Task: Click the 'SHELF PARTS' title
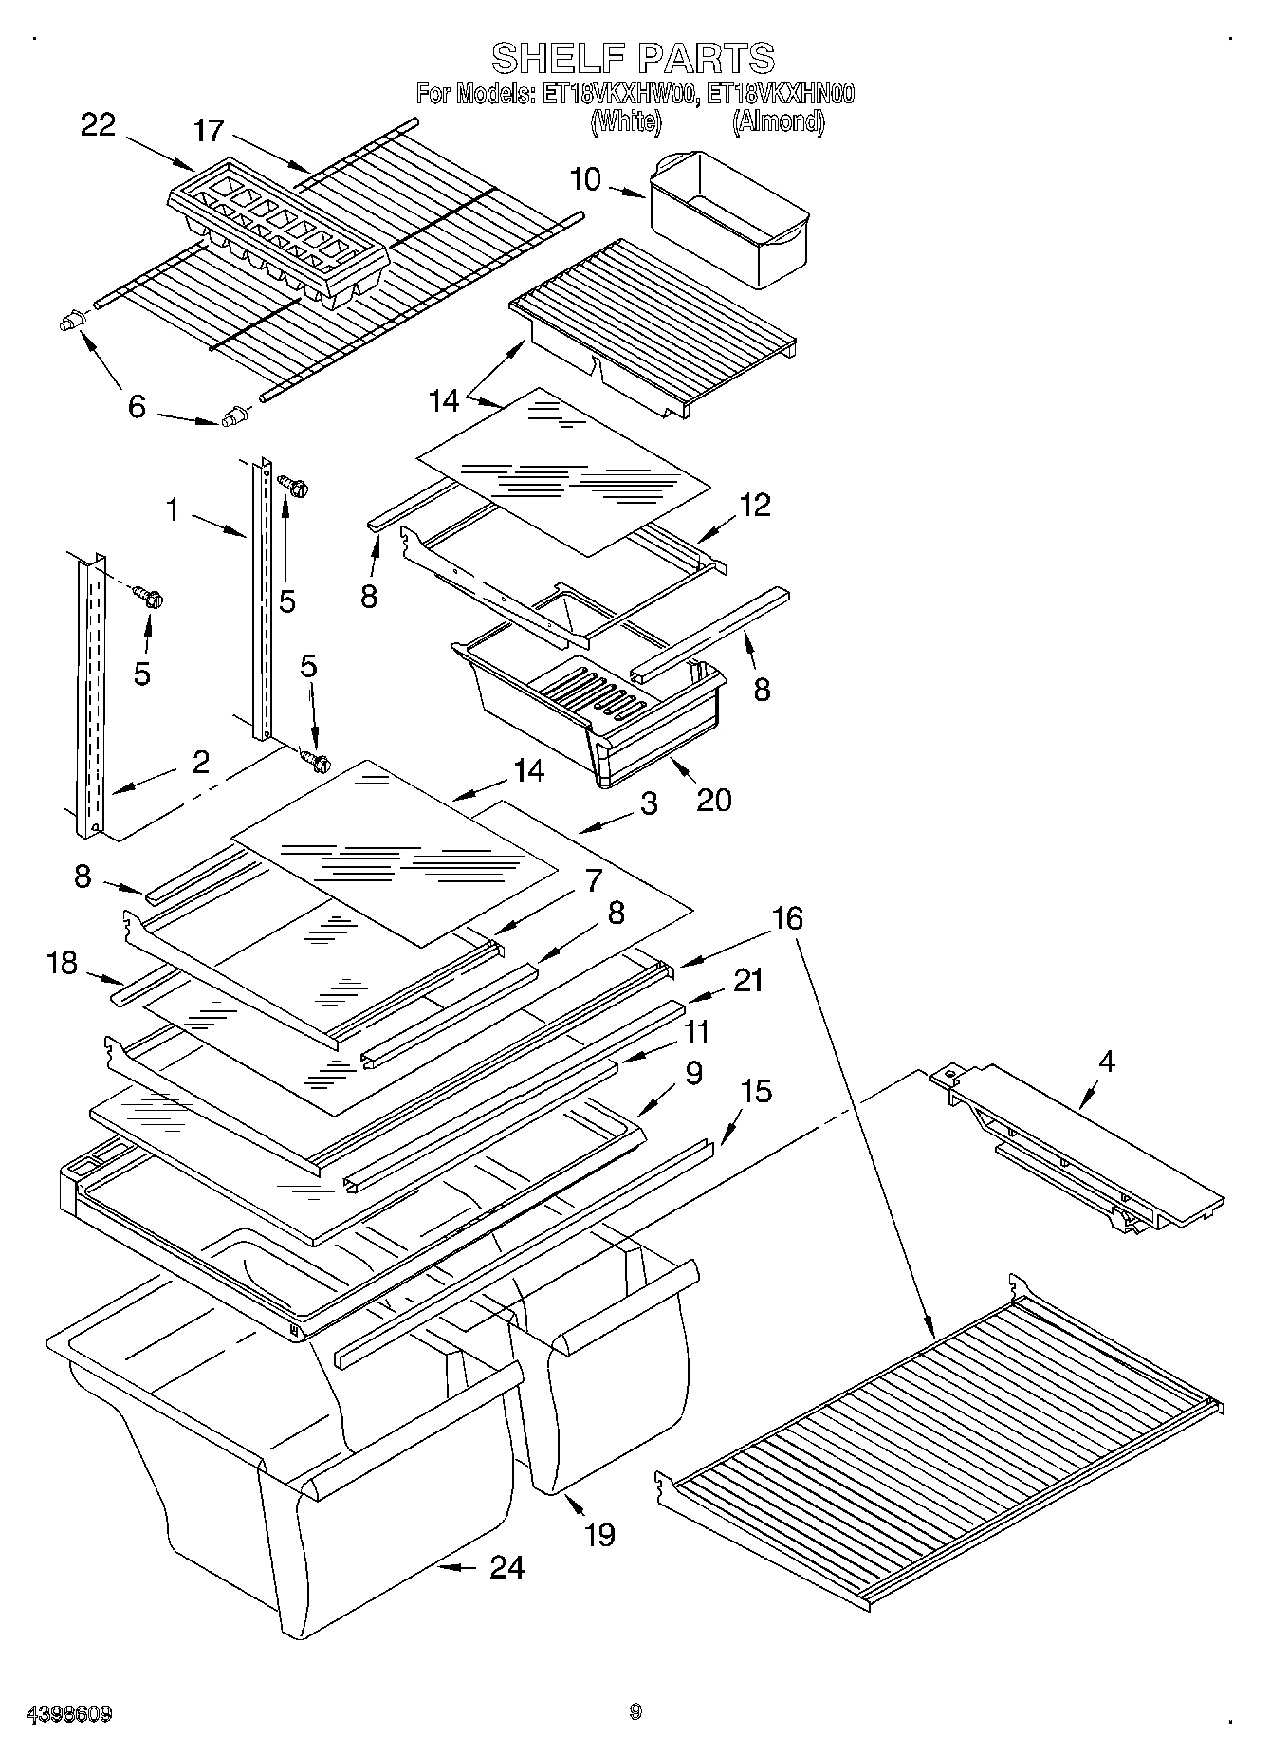click(x=633, y=59)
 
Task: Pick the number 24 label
click(x=506, y=1567)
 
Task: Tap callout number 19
click(x=598, y=1535)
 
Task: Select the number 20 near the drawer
click(x=713, y=800)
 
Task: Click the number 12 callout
click(x=755, y=504)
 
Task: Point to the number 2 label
click(x=200, y=762)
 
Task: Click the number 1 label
click(x=172, y=510)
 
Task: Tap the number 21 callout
click(x=748, y=980)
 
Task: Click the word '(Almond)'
click(x=778, y=121)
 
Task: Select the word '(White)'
click(x=625, y=121)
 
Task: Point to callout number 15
click(x=756, y=1092)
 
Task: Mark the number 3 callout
click(x=649, y=804)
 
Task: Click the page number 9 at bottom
click(x=635, y=1711)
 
